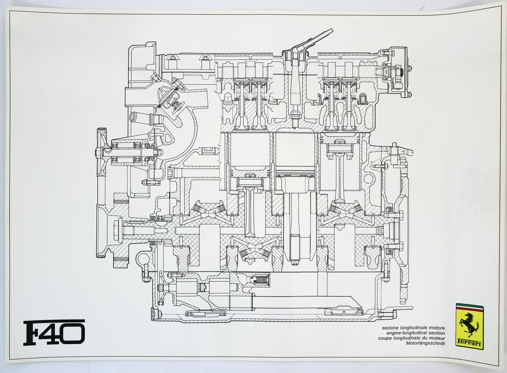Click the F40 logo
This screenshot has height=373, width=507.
pyautogui.click(x=54, y=332)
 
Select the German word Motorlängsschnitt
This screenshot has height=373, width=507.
pyautogui.click(x=424, y=343)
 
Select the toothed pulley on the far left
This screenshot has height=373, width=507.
pyautogui.click(x=101, y=150)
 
